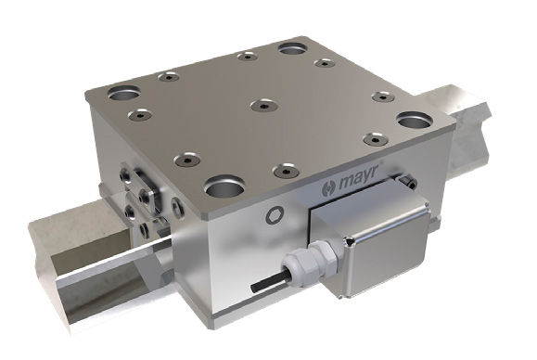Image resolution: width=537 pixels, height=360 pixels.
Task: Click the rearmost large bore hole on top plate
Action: click(x=293, y=46)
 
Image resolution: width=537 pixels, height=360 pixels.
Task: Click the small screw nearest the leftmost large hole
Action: click(x=140, y=116)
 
